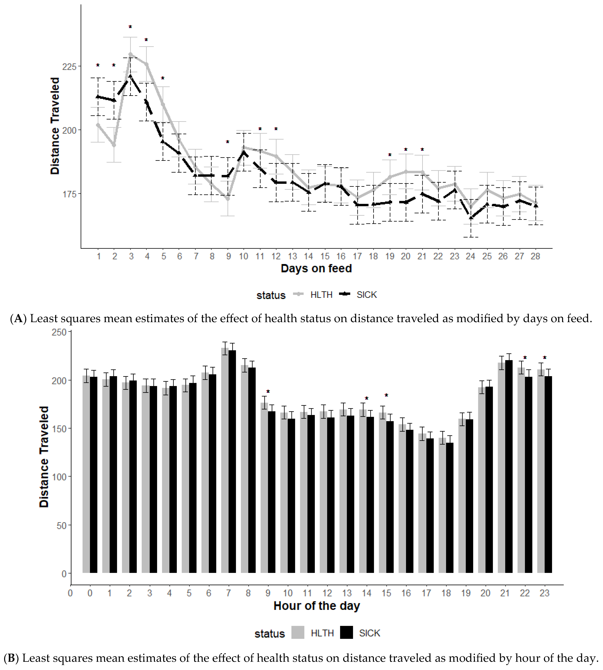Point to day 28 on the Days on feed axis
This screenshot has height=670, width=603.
535,256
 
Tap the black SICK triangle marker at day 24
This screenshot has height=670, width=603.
470,217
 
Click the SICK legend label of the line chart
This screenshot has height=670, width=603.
366,295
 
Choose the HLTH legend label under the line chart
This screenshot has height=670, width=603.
321,295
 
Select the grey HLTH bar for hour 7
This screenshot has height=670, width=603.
225,461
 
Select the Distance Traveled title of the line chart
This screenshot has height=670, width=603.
55,126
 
